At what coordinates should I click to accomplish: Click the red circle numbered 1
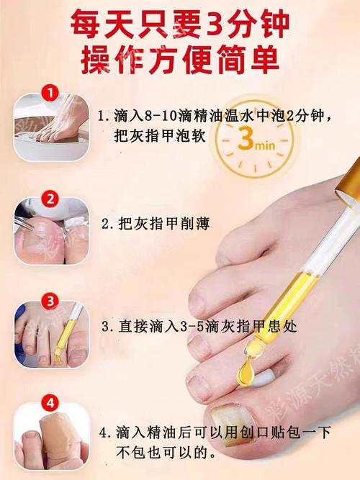pyautogui.click(x=50, y=93)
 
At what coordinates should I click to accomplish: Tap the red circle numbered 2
pyautogui.click(x=50, y=199)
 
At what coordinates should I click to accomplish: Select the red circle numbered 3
pyautogui.click(x=50, y=302)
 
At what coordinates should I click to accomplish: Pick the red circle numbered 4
pyautogui.click(x=50, y=403)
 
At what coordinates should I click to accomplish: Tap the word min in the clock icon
pyautogui.click(x=266, y=145)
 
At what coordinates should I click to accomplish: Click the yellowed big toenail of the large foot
pyautogui.click(x=230, y=419)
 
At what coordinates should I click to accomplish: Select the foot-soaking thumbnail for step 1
pyautogui.click(x=51, y=127)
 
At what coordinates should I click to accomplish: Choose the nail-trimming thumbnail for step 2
pyautogui.click(x=51, y=232)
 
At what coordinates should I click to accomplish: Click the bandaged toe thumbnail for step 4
pyautogui.click(x=51, y=436)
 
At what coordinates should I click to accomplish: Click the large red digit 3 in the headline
pyautogui.click(x=212, y=23)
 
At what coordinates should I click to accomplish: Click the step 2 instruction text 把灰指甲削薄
pyautogui.click(x=164, y=224)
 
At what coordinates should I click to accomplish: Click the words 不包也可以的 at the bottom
pyautogui.click(x=161, y=452)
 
